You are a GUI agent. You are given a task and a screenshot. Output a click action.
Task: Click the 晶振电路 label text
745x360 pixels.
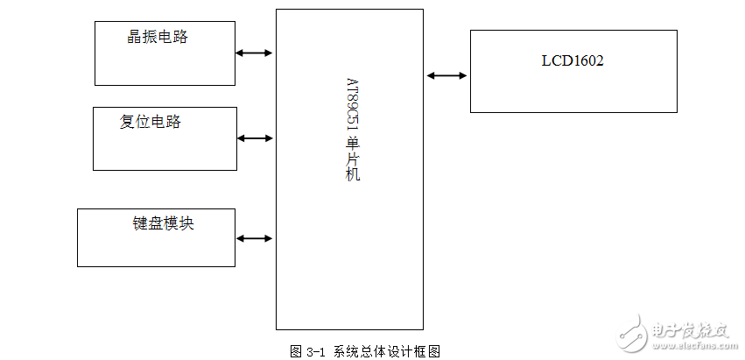point(158,37)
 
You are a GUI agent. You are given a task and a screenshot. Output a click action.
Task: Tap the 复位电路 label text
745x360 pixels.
point(151,122)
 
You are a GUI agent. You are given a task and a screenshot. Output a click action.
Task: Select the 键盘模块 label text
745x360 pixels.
point(164,223)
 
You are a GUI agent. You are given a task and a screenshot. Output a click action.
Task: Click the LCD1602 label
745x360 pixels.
point(573,61)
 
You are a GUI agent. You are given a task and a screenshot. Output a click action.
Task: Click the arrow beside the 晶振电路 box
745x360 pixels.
point(254,53)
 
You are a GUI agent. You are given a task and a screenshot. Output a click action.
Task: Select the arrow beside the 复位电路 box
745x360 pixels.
point(255,138)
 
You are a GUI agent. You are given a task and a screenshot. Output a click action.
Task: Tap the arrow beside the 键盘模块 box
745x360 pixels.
point(255,238)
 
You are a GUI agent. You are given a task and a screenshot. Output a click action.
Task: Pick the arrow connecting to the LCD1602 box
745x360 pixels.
point(446,75)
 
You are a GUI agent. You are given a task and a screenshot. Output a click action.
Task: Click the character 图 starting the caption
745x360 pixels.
point(296,351)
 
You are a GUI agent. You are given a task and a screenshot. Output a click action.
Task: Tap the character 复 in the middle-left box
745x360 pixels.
point(128,122)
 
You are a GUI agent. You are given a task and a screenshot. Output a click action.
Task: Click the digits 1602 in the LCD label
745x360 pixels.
point(587,61)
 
